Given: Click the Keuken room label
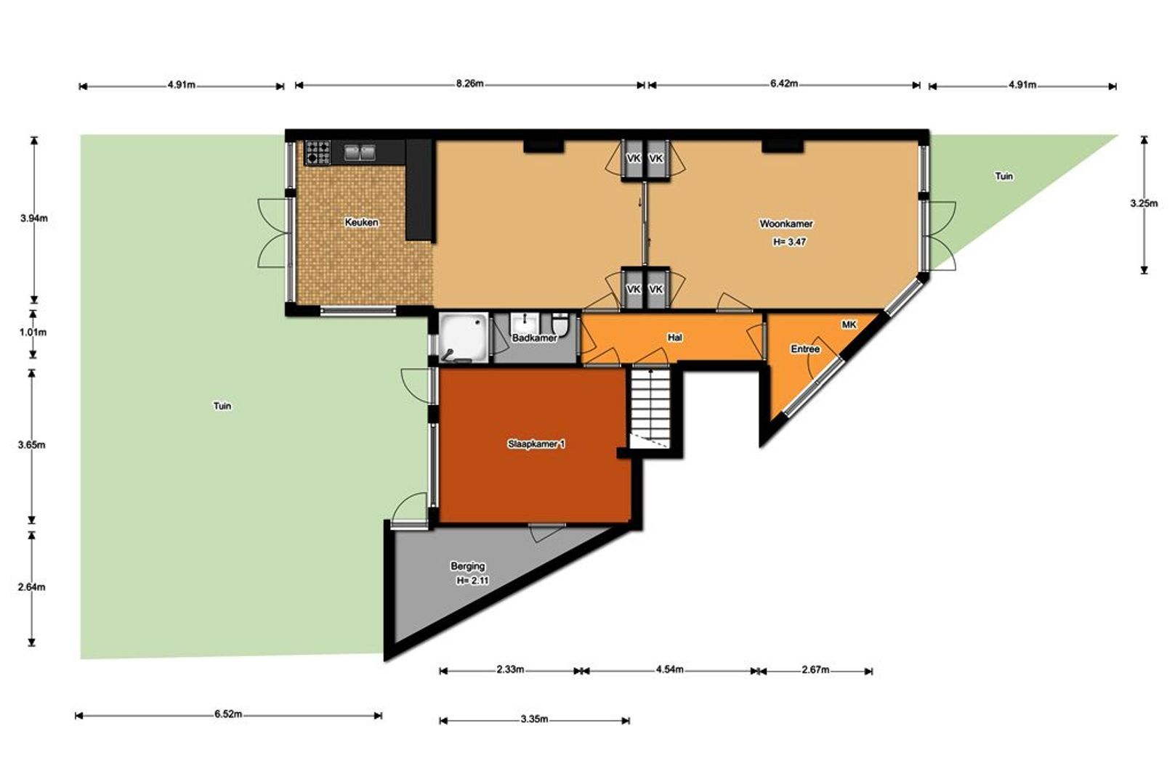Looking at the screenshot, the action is coord(361,222).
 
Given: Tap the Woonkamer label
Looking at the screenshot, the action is coord(786,224).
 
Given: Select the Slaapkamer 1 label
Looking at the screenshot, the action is coord(536,444).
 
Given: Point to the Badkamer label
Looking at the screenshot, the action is coord(535,338).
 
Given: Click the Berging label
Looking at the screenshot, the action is coord(467,566).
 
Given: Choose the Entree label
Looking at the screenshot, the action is coord(805,349).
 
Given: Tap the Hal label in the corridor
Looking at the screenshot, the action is coord(675,338).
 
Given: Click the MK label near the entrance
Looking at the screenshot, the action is coord(849,325).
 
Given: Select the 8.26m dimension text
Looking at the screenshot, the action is coord(469,83).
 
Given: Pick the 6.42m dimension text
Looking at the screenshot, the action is coord(783,83).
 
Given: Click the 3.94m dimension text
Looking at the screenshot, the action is coord(34,219).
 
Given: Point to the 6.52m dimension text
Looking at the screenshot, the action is coord(228,714).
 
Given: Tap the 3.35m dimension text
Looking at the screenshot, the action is coord(535,719).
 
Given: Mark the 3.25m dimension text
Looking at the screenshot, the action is coord(1144,203).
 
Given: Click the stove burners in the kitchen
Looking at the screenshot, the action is coord(318,152).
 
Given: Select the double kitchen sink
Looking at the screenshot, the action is coord(360,152).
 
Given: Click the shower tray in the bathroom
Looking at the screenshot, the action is coord(464,338).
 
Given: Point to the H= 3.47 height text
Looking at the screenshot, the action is coord(789,242).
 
